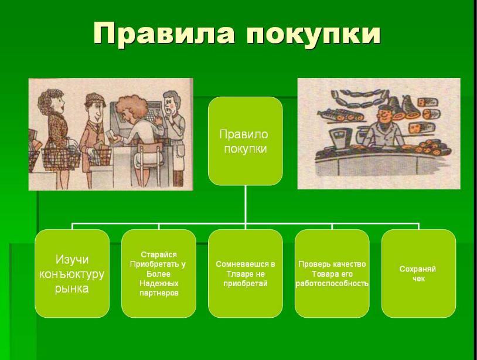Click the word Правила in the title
coord(164,33)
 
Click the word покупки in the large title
coord(314,35)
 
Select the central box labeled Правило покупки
coord(245,141)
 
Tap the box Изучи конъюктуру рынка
coord(72,274)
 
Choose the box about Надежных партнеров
coord(158,274)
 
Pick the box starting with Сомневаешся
coord(245,274)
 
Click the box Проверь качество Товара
coord(332,274)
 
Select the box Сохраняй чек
coord(418,274)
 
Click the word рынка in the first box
coord(72,288)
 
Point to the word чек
coord(418,279)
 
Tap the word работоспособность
coord(332,284)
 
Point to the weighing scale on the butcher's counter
coord(340,138)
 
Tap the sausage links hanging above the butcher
coord(359,98)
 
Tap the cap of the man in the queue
coord(94,100)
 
